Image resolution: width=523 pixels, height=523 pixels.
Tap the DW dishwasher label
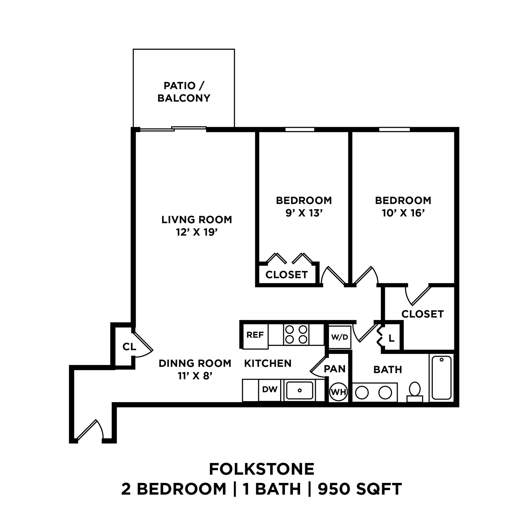point(270,390)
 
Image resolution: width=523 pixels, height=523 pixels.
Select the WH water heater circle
point(339,392)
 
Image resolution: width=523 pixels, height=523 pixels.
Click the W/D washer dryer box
point(340,337)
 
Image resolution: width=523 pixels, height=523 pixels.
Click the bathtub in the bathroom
point(442,378)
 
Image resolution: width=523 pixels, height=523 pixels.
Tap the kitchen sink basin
point(300,391)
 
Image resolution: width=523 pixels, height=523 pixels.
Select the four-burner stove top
point(296,335)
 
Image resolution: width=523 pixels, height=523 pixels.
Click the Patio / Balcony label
point(184,92)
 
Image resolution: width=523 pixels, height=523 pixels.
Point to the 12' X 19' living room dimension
point(197,232)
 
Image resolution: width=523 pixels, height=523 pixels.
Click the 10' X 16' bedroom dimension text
point(403,213)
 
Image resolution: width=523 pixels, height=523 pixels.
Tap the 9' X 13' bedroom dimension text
point(304,213)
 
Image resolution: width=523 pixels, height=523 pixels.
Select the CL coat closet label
point(129,347)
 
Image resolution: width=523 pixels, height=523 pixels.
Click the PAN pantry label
point(335,369)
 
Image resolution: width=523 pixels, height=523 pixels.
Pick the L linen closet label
point(391,338)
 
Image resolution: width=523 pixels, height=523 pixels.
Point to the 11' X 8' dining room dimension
point(195,376)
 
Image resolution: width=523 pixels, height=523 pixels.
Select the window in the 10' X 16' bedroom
point(394,129)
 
